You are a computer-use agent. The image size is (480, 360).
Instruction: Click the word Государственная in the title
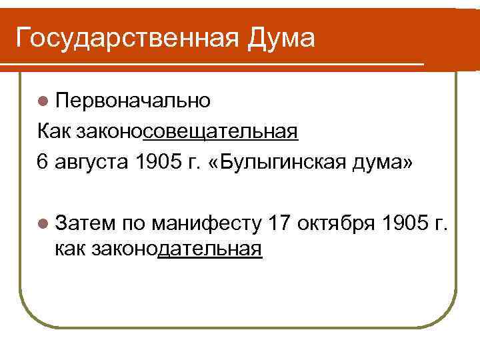pos(127,38)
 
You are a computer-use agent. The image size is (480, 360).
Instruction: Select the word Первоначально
pos(133,101)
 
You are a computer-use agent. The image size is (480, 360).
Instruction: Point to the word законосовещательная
pos(187,132)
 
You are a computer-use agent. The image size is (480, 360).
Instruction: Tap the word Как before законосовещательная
pos(54,132)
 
